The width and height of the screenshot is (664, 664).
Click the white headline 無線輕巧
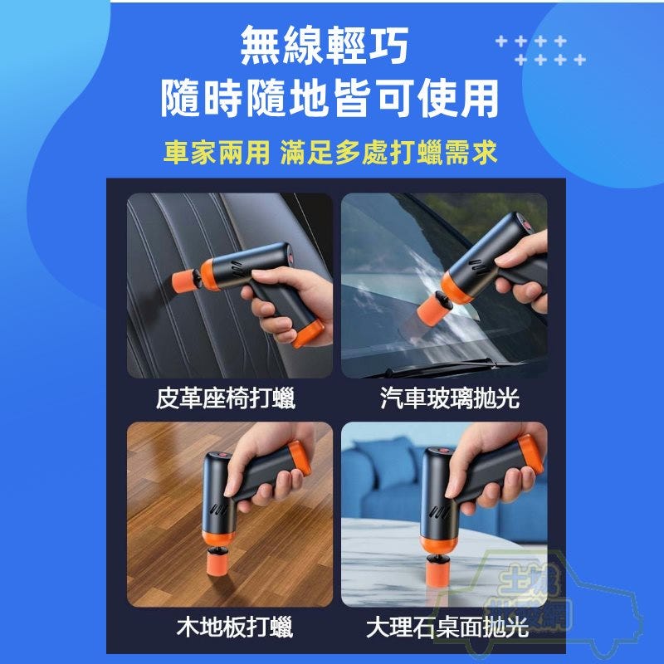coord(324,46)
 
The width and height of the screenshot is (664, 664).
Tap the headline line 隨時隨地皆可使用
coord(330,99)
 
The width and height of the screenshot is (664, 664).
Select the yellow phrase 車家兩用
coord(217,153)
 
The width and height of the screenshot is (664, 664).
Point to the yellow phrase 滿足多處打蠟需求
coord(388,153)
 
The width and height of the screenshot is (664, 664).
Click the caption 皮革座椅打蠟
coord(225,398)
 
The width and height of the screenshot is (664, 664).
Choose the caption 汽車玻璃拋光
coord(449,398)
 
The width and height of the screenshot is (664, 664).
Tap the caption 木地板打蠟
coord(235,627)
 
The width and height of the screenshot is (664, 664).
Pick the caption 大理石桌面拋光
coord(447,627)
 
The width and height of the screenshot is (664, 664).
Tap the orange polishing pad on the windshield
coord(431,310)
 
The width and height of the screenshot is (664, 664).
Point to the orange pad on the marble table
coord(437,569)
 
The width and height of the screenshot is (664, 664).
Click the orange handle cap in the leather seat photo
coord(309,334)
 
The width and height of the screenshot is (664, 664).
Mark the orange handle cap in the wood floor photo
coord(300,458)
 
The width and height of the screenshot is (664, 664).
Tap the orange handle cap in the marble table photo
coord(530,455)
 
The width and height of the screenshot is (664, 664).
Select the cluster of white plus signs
coord(541,51)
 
